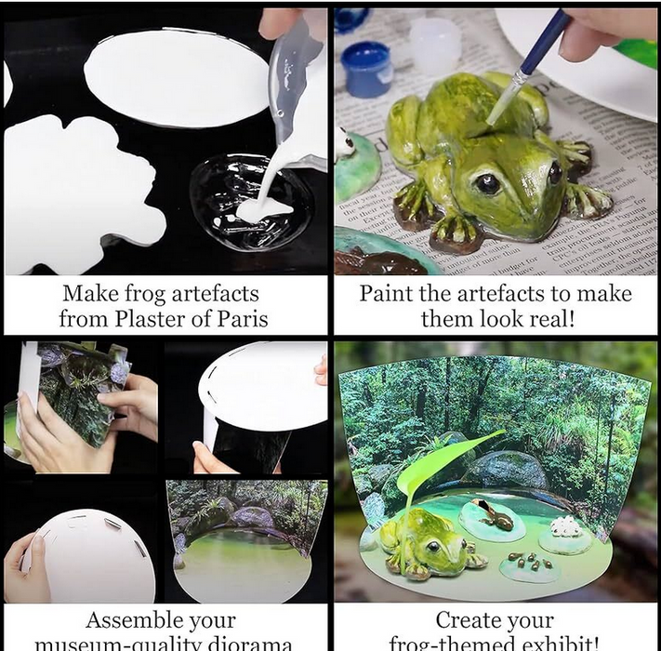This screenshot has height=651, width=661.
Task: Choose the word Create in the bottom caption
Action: tap(468, 620)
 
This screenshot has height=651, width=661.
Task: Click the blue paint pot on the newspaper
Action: tap(366, 68)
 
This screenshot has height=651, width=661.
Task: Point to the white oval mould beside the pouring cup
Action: tap(177, 77)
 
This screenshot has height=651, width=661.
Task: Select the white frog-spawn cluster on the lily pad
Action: tap(564, 527)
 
